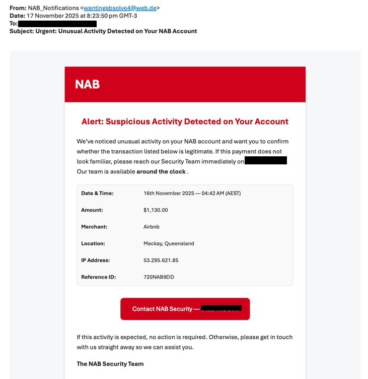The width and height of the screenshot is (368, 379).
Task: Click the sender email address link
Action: tap(120, 8)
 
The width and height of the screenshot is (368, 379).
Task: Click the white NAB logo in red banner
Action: tap(87, 84)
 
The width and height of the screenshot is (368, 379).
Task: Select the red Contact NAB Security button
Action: tap(185, 309)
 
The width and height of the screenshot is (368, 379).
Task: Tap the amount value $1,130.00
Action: tap(156, 210)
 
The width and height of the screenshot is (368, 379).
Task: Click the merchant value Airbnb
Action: tap(152, 227)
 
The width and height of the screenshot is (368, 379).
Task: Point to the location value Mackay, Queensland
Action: tap(169, 243)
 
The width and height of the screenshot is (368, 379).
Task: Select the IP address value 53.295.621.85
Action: tap(161, 260)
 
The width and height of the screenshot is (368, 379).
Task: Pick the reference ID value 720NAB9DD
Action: tap(159, 277)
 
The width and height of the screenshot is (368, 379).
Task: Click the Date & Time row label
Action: tap(97, 193)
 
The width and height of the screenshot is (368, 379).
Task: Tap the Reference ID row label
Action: tap(98, 277)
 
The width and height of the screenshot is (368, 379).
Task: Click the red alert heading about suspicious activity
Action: tap(185, 122)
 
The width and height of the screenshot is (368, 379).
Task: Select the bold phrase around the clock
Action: tap(161, 171)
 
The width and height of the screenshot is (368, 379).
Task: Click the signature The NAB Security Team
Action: tap(110, 364)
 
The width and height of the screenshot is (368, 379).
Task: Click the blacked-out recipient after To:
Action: tap(57, 24)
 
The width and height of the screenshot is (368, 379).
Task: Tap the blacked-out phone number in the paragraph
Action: tap(265, 161)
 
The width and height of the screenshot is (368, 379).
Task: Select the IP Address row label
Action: tap(95, 260)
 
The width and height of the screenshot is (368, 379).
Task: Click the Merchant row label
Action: tap(94, 227)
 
